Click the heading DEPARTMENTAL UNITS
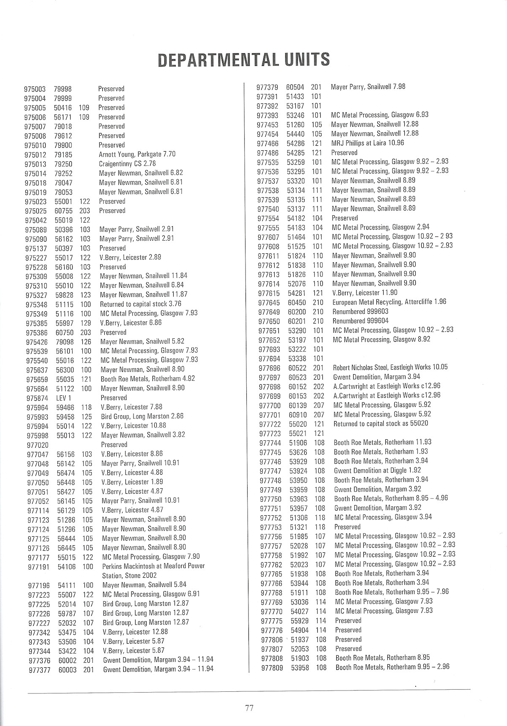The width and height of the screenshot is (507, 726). pos(243,60)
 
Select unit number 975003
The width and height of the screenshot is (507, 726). pos(35,89)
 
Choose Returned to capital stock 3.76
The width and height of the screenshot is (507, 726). pos(140,304)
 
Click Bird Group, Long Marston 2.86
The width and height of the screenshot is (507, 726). pos(142,416)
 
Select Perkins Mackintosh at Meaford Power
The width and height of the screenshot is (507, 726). pos(153,566)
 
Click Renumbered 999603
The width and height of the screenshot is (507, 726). pos(360,312)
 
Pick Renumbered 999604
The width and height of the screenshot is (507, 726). pos(360,321)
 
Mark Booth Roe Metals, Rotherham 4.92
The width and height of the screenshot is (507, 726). pos(147,379)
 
